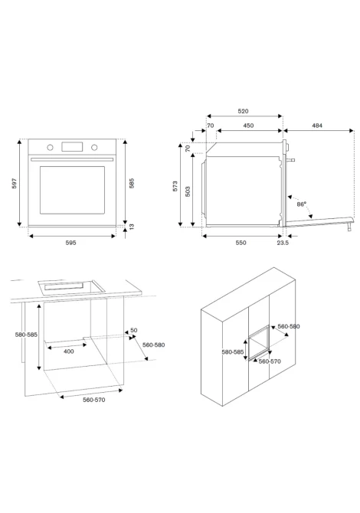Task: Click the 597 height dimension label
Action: point(14,183)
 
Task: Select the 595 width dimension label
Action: point(70,243)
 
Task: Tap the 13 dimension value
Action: point(132,227)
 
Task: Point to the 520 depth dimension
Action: point(243,111)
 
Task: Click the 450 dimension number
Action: point(248,126)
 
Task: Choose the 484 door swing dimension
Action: point(317,126)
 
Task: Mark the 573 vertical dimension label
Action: point(175,186)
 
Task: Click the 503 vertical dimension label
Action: point(188,191)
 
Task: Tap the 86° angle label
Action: point(302,204)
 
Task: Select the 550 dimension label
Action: point(241,243)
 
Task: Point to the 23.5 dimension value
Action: point(283,243)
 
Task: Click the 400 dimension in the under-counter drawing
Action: point(69,351)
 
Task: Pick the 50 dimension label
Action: point(134,331)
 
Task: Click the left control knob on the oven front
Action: point(50,148)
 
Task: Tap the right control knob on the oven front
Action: point(94,148)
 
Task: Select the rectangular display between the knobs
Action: point(72,147)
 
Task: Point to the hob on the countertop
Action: point(71,287)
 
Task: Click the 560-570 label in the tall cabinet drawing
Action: point(270,361)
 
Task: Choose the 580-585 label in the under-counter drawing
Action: point(26,335)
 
